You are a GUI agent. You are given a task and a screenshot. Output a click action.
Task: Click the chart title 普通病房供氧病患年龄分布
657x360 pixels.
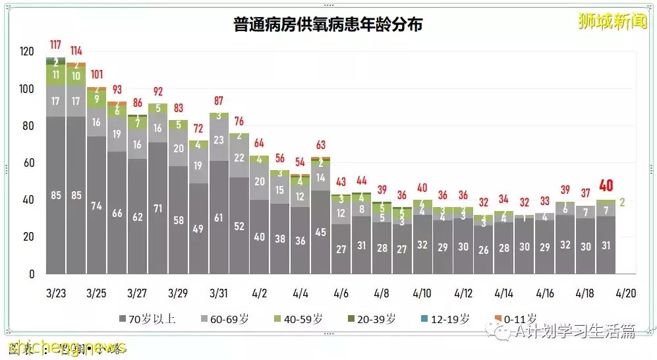coord(328,25)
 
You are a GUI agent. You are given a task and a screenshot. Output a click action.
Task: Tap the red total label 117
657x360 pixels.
coord(55,45)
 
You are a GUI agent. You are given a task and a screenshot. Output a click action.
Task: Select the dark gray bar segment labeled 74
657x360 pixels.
coord(96,205)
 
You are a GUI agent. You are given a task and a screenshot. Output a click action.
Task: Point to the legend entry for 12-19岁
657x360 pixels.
coord(446,319)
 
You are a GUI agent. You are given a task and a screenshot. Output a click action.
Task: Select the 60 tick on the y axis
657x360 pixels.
coord(27,163)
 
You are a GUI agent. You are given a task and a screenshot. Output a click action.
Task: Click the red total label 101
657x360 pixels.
coord(96,75)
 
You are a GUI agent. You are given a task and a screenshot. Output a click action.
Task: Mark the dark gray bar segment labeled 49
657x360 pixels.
coord(198,229)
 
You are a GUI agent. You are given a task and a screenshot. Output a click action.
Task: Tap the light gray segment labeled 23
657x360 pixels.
coord(219,140)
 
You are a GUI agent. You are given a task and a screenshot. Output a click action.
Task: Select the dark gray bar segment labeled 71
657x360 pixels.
coord(157,208)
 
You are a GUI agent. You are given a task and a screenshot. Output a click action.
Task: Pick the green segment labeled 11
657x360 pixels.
coord(55,75)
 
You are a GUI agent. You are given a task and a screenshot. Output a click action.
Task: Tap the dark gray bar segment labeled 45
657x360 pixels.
coord(321,232)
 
